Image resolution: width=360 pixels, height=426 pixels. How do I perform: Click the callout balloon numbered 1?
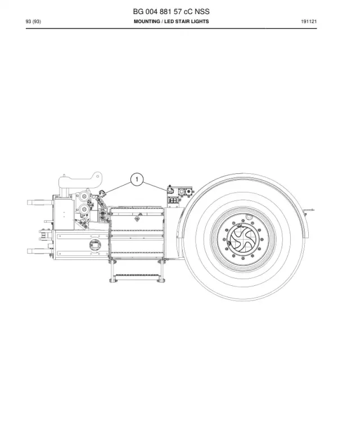click(x=137, y=179)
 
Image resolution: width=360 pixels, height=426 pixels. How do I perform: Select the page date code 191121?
click(x=309, y=21)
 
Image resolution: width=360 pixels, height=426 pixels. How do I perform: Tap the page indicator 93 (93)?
click(x=33, y=21)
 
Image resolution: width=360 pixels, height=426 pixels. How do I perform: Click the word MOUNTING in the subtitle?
click(x=147, y=21)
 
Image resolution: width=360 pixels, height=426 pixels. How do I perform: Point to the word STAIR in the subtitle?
click(x=180, y=21)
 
